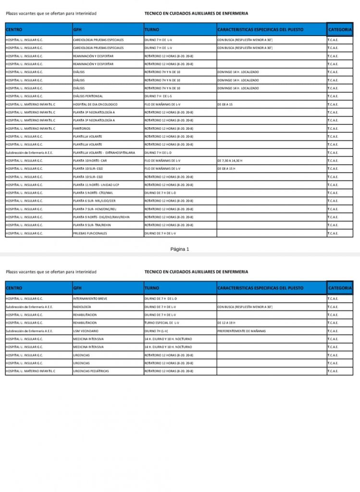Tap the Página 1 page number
[x=180, y=249]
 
